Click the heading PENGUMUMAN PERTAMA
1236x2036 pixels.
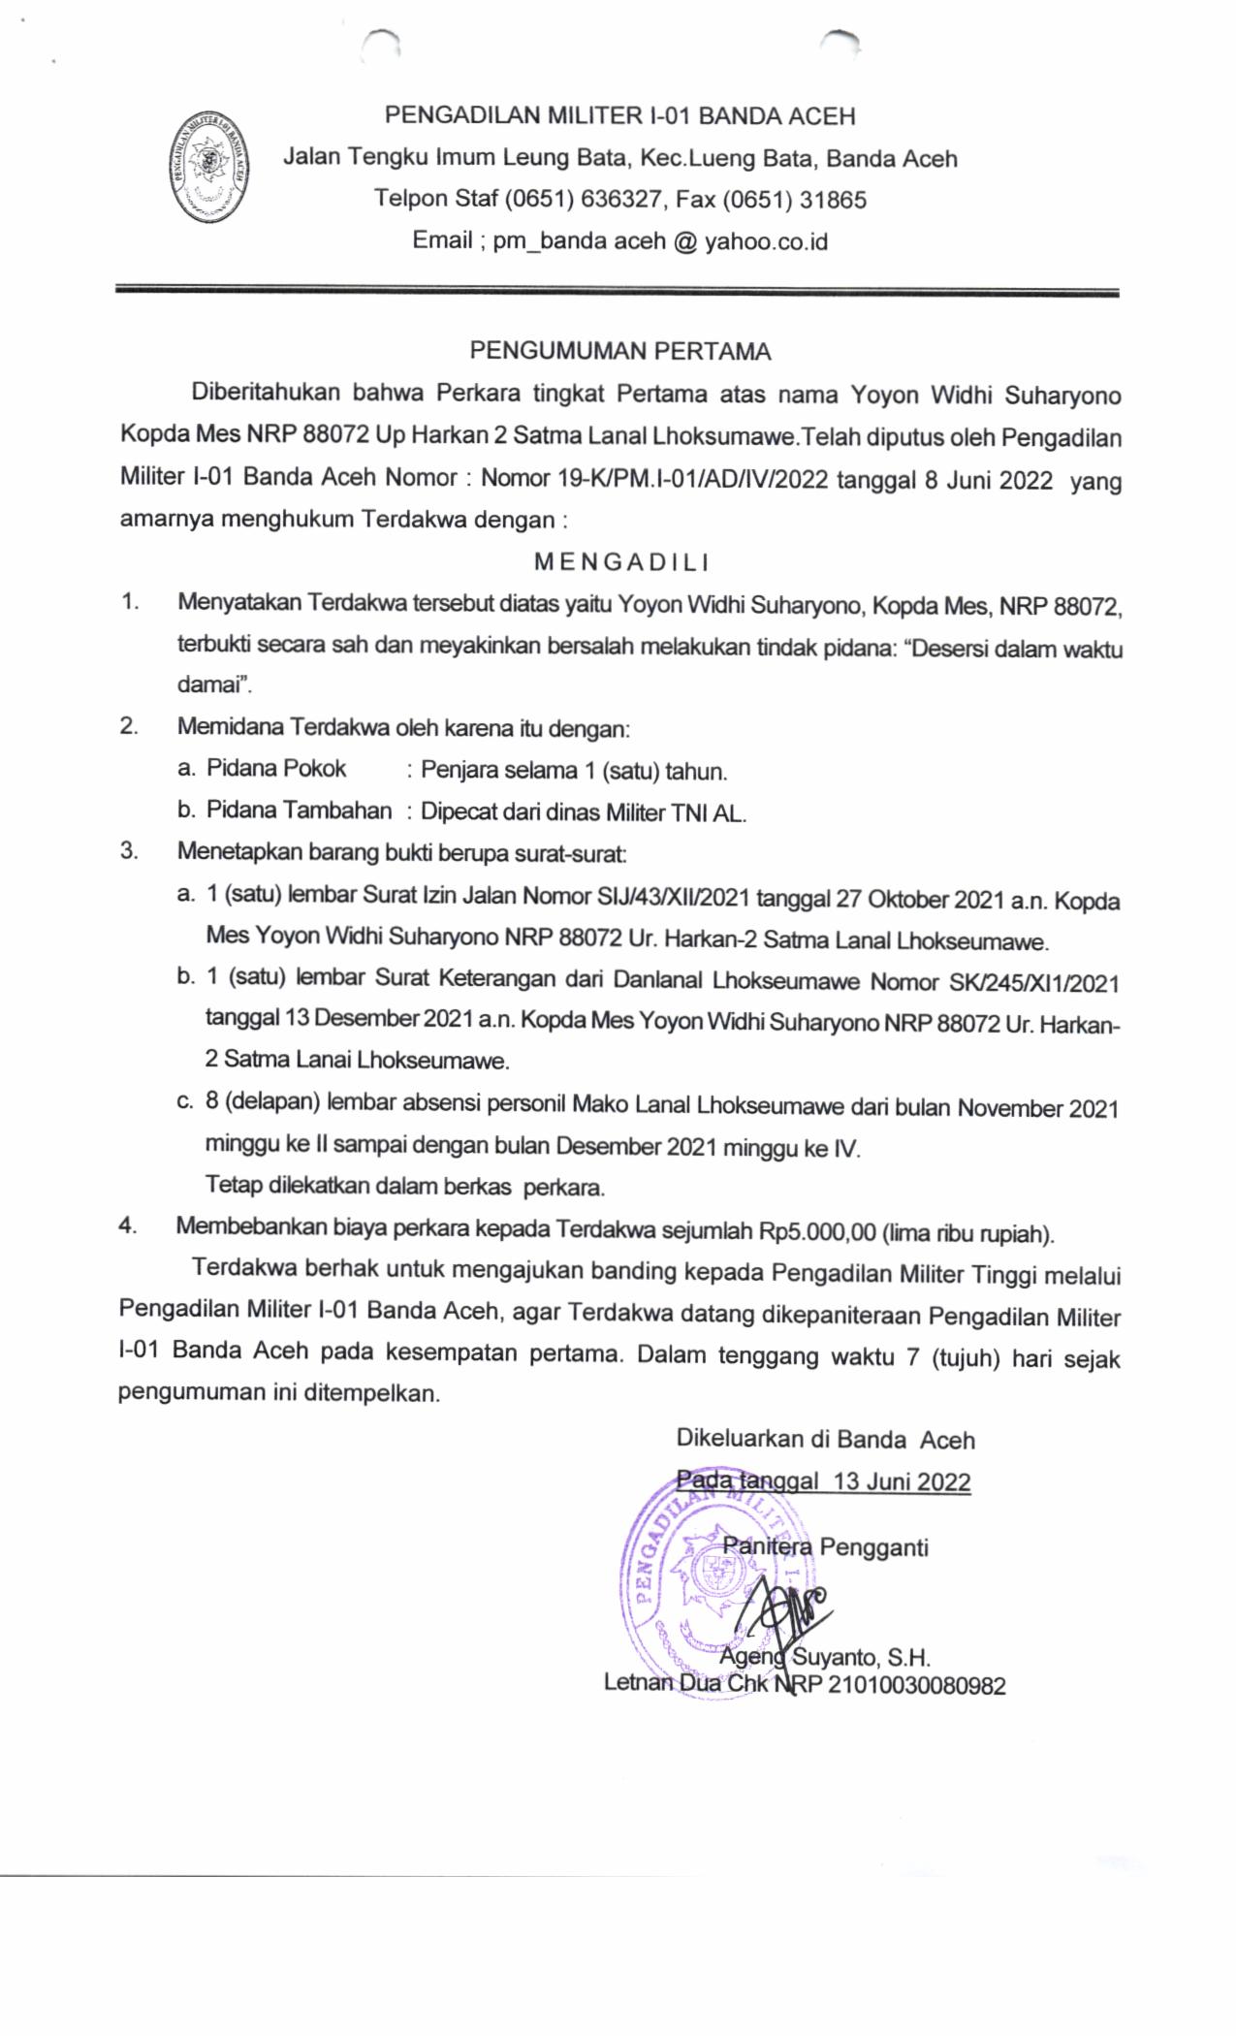pyautogui.click(x=620, y=351)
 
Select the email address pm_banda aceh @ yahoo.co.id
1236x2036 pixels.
pyautogui.click(x=660, y=241)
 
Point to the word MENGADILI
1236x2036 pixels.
pyautogui.click(x=621, y=561)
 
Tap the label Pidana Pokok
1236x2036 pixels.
pyautogui.click(x=276, y=769)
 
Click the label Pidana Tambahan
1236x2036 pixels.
pyautogui.click(x=300, y=811)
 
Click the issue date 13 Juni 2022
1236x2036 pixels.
pyautogui.click(x=902, y=1482)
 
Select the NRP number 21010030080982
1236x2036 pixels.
pyautogui.click(x=916, y=1686)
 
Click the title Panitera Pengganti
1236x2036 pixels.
pyautogui.click(x=826, y=1546)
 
